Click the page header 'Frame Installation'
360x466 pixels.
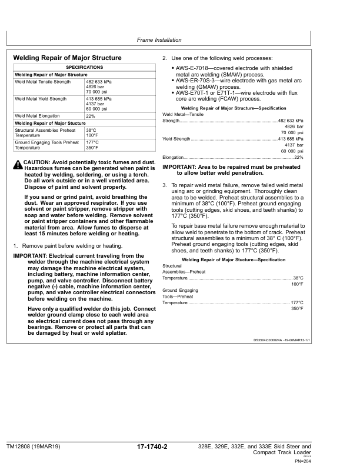(x=159, y=40)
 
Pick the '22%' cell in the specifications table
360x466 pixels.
(x=91, y=116)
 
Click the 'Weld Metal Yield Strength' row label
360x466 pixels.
(x=40, y=99)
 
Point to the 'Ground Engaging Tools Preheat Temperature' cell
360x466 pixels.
(x=46, y=145)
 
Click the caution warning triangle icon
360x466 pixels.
(x=18, y=163)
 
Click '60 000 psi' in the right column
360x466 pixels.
(x=292, y=151)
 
